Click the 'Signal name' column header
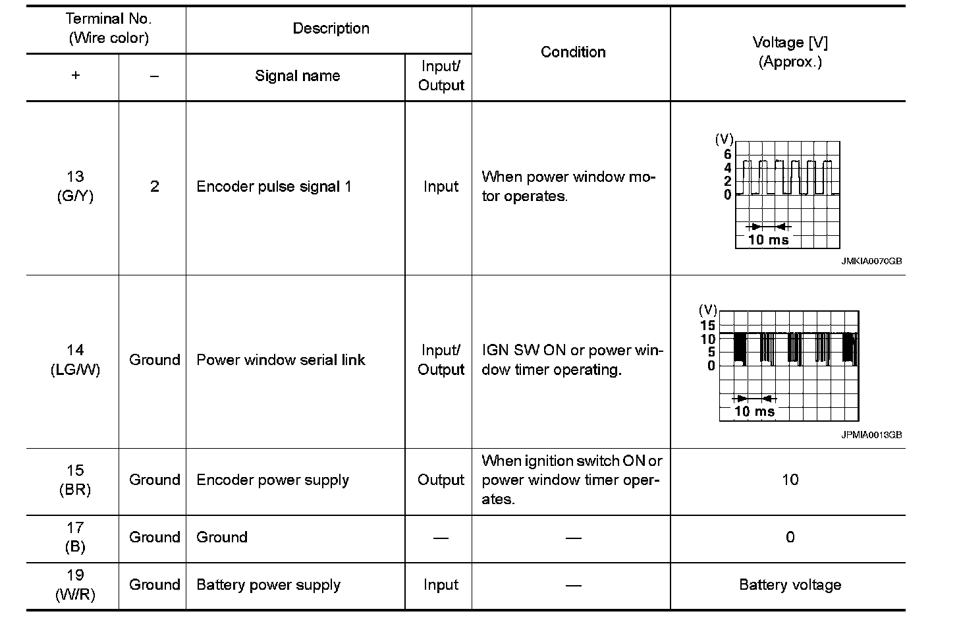[297, 76]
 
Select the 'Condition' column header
[572, 52]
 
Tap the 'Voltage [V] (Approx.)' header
[789, 52]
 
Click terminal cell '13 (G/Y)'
[75, 186]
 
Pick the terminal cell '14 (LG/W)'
[75, 360]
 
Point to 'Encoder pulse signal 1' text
[274, 186]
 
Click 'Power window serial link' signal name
[281, 360]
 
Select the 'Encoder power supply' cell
[273, 480]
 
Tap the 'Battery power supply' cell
[268, 585]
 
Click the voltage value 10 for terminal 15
[790, 480]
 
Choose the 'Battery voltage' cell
[790, 585]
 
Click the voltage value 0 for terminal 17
[790, 538]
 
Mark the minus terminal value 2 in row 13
[154, 186]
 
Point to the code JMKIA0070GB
[871, 262]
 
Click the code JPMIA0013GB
[871, 435]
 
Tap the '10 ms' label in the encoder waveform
[768, 240]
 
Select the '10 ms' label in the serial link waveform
[753, 412]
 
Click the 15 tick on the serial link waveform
[707, 326]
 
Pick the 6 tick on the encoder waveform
[727, 154]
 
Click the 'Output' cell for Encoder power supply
[441, 480]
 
